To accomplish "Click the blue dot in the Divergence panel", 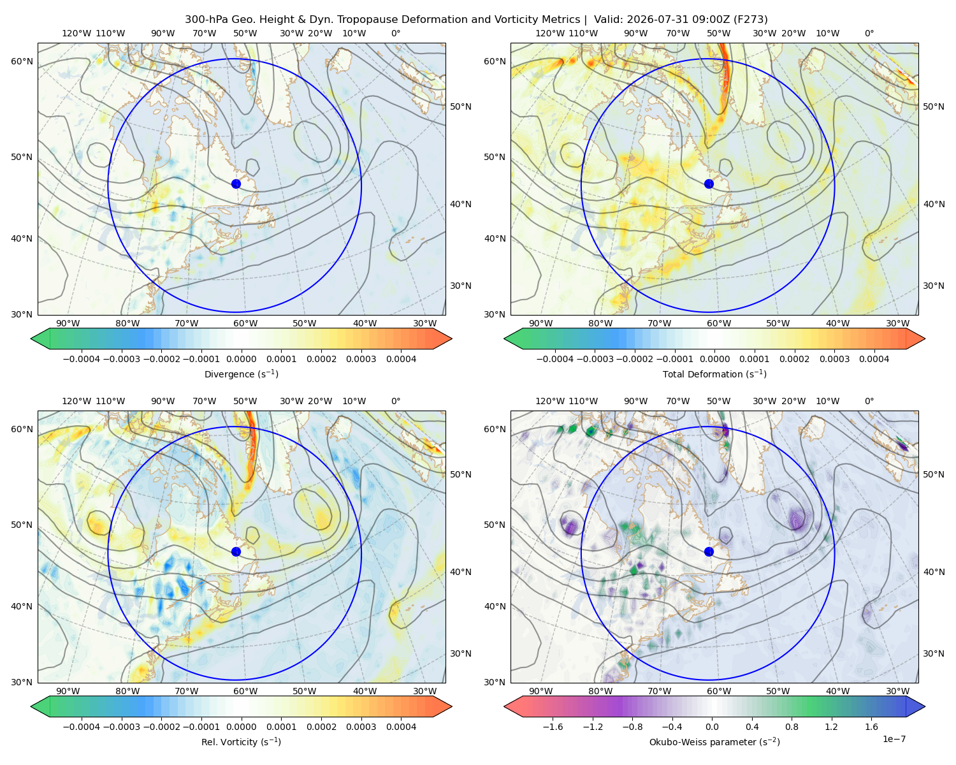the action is tap(236, 184).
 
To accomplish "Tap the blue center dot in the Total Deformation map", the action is tap(709, 184).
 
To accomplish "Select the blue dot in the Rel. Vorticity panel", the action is tap(236, 551).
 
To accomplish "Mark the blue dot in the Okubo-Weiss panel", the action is tap(709, 551).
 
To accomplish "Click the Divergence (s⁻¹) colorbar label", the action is tap(241, 374).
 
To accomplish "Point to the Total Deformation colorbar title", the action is tap(714, 374).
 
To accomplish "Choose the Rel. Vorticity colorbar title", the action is tap(241, 741).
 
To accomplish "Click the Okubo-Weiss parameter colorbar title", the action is tap(714, 741).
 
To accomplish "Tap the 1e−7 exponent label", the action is tap(894, 739).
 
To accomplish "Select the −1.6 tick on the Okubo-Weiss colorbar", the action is tap(553, 727).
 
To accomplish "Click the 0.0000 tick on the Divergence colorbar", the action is tap(241, 359).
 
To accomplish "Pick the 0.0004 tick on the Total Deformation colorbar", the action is tap(874, 359).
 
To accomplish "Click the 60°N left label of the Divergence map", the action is tap(22, 61).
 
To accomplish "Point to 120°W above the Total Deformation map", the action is tap(549, 33).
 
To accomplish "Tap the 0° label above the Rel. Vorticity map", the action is tap(396, 401).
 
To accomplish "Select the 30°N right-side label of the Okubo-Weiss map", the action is tap(933, 653).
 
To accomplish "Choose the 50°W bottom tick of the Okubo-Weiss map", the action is tap(778, 691).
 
